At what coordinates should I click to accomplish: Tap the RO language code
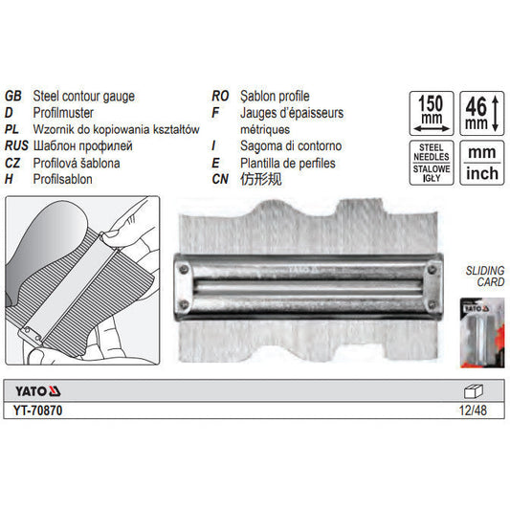(220, 97)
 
